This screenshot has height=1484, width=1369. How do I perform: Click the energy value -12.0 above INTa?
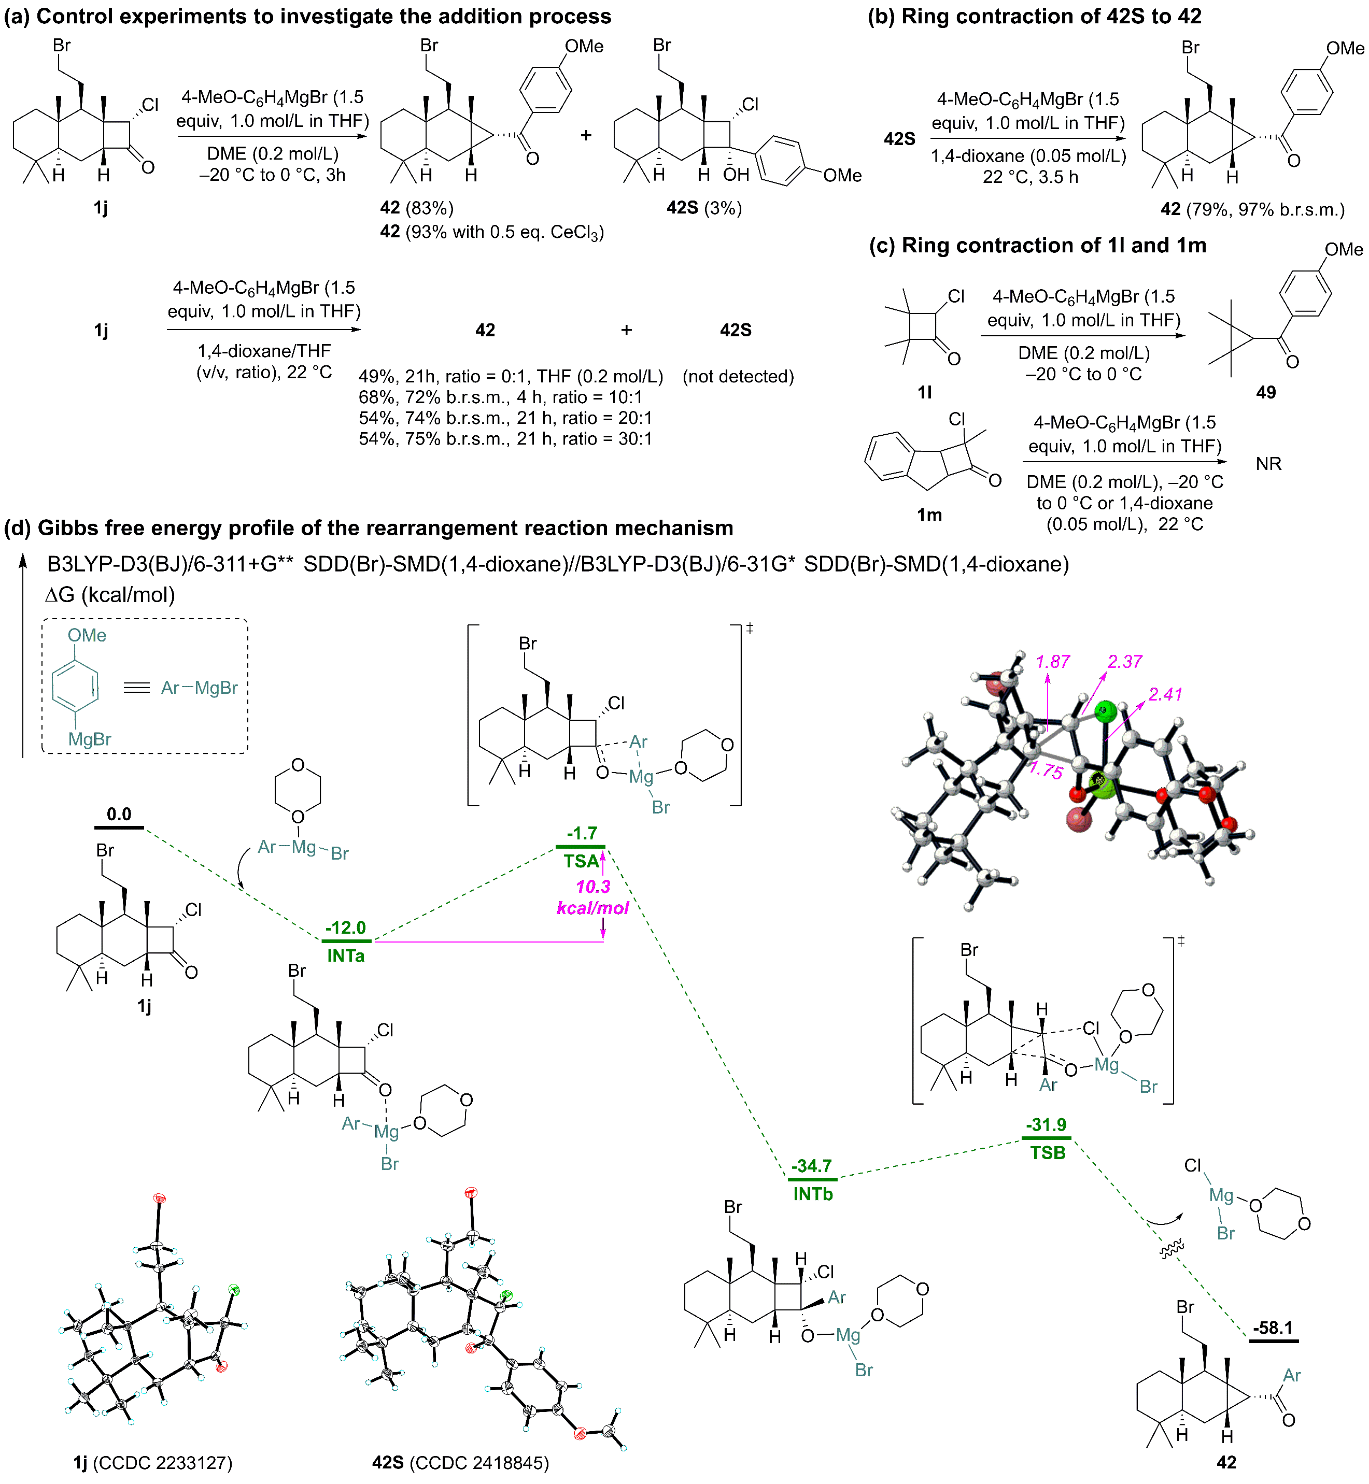point(346,928)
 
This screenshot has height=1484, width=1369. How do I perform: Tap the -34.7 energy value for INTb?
point(812,1166)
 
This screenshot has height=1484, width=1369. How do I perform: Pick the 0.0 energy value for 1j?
point(119,815)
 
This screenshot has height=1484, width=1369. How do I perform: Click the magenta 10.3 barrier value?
point(594,887)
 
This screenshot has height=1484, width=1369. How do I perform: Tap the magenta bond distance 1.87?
point(1053,662)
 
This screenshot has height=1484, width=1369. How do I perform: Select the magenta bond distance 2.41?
point(1165,695)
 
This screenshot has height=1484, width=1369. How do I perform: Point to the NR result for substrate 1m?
point(1268,464)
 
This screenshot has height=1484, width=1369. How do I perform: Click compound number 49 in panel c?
point(1266,392)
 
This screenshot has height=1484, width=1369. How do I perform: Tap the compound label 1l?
point(925,392)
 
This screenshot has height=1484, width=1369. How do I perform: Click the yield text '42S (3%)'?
point(704,208)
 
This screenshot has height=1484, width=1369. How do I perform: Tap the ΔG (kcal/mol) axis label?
point(110,595)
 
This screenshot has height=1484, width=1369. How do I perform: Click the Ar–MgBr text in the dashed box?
point(199,688)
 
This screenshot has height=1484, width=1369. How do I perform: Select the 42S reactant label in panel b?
point(899,138)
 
